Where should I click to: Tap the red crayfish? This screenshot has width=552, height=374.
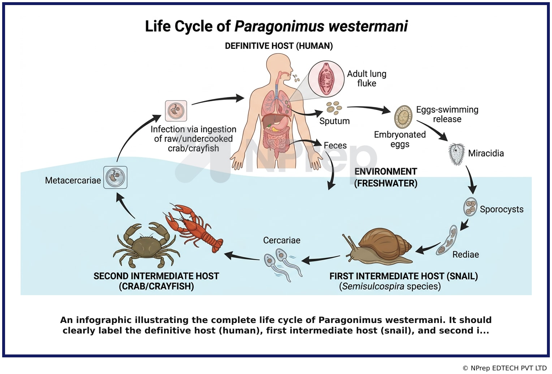[x=193, y=228]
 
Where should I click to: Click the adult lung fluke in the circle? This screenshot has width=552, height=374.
[x=325, y=79]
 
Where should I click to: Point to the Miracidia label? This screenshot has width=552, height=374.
[x=486, y=153]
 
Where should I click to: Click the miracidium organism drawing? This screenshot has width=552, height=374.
[x=456, y=154]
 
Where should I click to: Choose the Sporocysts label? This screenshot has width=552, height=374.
[x=501, y=209]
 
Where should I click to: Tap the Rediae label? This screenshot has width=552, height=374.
[x=466, y=254]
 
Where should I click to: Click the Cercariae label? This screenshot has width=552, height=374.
[x=282, y=240]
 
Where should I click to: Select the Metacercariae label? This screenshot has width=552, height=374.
[x=73, y=180]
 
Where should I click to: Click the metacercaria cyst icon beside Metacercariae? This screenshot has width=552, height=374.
[x=115, y=177]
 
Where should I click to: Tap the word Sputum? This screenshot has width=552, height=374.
[x=335, y=121]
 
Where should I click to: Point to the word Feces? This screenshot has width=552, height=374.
[x=335, y=145]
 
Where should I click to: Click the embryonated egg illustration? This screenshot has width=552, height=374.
[x=403, y=117]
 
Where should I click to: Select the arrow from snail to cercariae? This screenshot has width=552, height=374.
[x=320, y=259]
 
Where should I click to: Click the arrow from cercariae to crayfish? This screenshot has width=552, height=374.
[x=242, y=256]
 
